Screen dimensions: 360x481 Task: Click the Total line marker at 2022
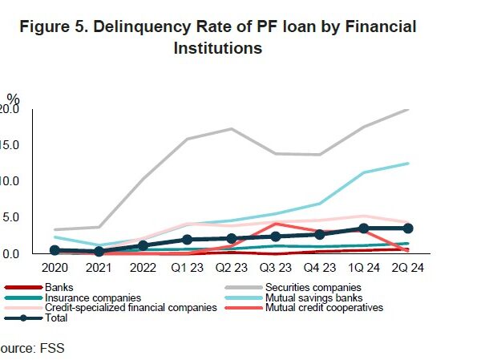coord(143,245)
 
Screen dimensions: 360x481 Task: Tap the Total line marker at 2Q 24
coord(407,229)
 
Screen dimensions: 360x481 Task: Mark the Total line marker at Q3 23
coord(275,237)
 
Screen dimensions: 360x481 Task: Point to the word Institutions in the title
coord(218,47)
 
